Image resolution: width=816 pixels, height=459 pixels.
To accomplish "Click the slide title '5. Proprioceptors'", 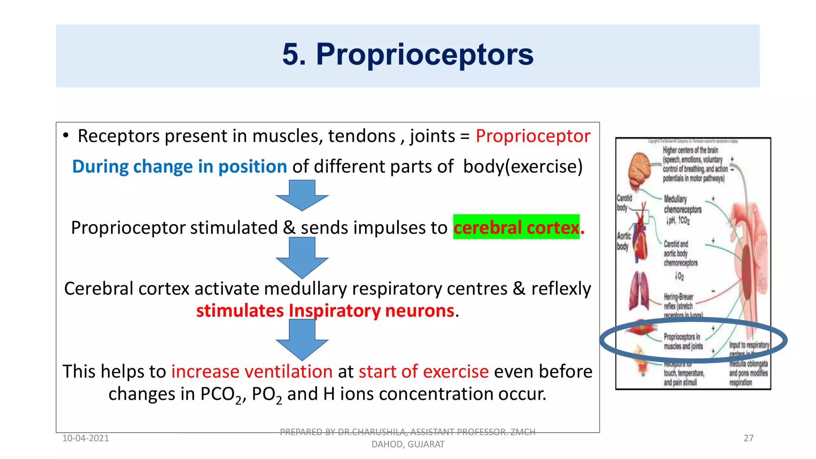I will (408, 55).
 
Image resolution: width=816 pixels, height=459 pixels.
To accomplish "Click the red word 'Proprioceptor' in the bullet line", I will (533, 136).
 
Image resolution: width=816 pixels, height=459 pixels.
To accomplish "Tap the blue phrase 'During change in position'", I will (179, 167).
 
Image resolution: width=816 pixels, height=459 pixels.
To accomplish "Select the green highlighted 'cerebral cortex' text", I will (516, 228).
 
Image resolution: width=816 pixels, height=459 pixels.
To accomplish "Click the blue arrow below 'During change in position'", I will (302, 195).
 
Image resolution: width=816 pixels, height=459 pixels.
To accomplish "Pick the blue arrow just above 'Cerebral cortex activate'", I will (302, 257).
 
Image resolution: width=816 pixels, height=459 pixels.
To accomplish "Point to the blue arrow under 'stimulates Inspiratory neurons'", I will (302, 340).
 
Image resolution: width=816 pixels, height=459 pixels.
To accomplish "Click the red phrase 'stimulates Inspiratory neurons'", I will (325, 311).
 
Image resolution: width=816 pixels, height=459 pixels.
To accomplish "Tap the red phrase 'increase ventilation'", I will (252, 372).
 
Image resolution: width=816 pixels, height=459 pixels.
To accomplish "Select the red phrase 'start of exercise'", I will (424, 372).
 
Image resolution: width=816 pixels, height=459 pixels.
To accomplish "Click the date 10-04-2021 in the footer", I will (86, 438).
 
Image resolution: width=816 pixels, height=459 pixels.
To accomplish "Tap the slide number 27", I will (748, 438).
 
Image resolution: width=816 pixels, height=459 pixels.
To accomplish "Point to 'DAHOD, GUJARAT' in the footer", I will (408, 445).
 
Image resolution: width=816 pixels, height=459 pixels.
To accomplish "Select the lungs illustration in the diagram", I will (639, 291).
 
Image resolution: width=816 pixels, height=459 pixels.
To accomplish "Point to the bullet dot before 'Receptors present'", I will (66, 136).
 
